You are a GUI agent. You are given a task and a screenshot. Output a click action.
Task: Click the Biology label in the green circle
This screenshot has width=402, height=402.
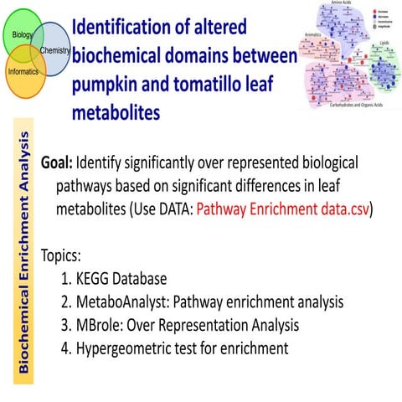[18, 34]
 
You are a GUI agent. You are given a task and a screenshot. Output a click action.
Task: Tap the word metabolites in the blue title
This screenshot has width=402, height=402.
[116, 113]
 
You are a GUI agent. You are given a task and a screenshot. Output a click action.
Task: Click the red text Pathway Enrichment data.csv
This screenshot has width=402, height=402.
[282, 209]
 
